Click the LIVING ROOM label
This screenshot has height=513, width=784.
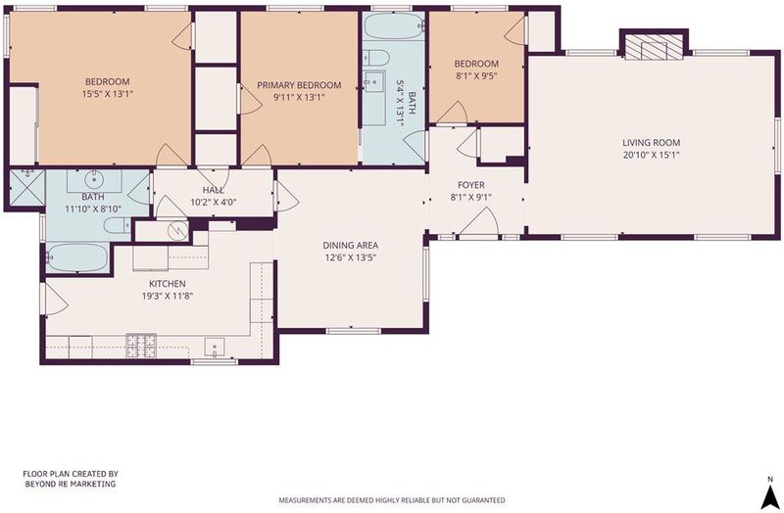coord(651,143)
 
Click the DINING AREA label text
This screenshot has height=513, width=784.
coord(351,246)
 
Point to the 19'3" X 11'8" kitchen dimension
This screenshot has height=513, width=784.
coord(168,296)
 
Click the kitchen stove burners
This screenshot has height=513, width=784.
coord(141,346)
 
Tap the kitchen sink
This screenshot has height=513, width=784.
coord(215,347)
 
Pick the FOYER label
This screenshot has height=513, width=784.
coord(471,185)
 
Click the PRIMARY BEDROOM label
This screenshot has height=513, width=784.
coord(299,85)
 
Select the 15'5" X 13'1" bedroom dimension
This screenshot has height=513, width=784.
coord(108,93)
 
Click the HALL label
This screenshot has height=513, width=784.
coord(214,190)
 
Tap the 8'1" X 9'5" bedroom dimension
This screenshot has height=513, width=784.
coord(476,76)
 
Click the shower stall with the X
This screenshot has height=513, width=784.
coord(27,187)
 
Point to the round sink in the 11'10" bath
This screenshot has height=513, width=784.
coord(93,178)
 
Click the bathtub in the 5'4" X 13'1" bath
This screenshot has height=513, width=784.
coord(393,26)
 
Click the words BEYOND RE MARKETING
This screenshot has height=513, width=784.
coord(71,484)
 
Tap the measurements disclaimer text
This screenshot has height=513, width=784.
coord(392,500)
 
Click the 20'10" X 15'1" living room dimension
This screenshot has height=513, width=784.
coord(651,155)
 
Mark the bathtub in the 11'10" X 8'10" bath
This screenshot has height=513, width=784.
coord(77,257)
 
